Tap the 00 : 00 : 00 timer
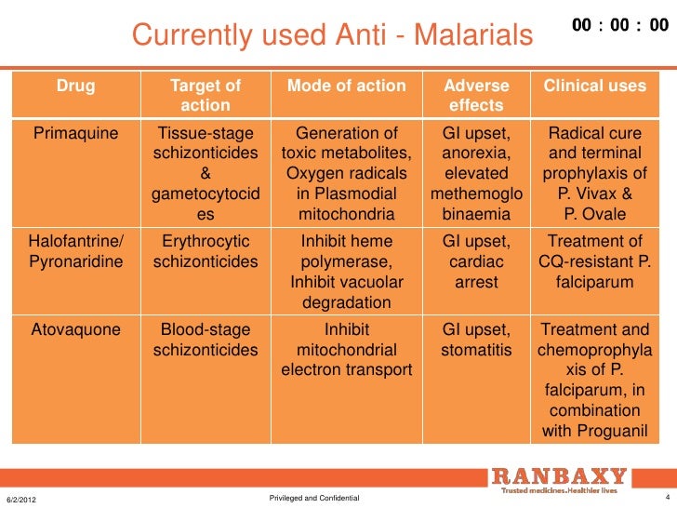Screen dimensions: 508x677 (620, 26)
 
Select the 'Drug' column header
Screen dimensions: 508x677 (76, 86)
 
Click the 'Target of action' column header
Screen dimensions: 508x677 (206, 95)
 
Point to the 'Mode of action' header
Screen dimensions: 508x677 (347, 86)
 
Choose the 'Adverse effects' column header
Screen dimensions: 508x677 (476, 95)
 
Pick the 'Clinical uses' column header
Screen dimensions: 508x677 (594, 86)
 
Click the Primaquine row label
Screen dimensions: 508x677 (76, 133)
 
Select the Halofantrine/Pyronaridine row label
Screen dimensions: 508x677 (76, 251)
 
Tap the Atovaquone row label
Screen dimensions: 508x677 (76, 329)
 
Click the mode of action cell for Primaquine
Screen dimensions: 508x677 (347, 174)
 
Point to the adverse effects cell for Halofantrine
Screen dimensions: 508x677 (476, 261)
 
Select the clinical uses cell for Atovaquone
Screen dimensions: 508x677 (594, 381)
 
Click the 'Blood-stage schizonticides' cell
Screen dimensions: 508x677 (206, 340)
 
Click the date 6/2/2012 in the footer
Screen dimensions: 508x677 (22, 500)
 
